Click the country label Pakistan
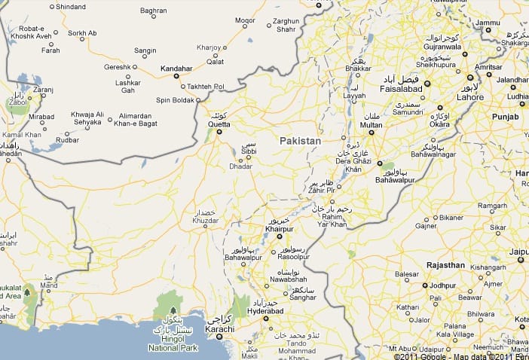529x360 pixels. point(300,141)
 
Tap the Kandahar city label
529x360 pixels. point(177,69)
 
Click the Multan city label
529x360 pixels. point(371,126)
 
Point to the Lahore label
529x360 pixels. point(470,97)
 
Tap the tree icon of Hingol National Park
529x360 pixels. point(173,310)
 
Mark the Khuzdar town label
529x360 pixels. point(205,221)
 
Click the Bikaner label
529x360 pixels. point(452,218)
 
